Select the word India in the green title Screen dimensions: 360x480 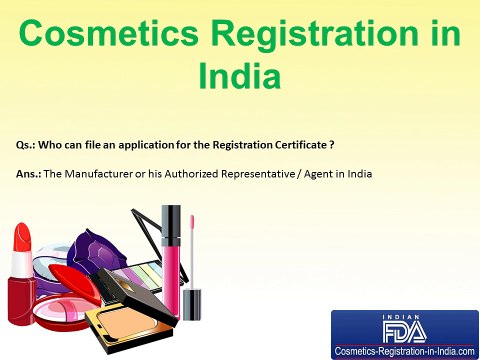click(x=240, y=78)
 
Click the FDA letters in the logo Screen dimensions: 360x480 click(x=406, y=329)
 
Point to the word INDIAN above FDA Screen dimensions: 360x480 click(x=406, y=316)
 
